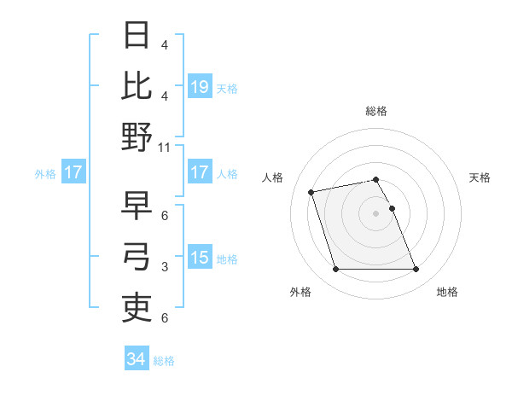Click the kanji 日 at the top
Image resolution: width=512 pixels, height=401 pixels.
pyautogui.click(x=137, y=38)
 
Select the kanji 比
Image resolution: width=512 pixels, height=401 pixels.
pyautogui.click(x=137, y=87)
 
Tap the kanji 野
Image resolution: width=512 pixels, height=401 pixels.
pyautogui.click(x=137, y=137)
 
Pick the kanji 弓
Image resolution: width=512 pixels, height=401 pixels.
pyautogui.click(x=137, y=258)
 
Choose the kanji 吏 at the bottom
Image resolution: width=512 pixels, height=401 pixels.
pyautogui.click(x=137, y=308)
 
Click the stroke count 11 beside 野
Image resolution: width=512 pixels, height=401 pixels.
pyautogui.click(x=165, y=147)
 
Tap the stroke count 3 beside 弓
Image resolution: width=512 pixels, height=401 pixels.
pyautogui.click(x=164, y=267)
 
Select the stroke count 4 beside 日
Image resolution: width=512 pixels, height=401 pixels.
pyautogui.click(x=164, y=44)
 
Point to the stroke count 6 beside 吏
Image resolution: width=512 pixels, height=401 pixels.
pyautogui.click(x=164, y=318)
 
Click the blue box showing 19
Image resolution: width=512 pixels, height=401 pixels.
pyautogui.click(x=200, y=86)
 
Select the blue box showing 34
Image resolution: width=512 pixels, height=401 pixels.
pyautogui.click(x=137, y=360)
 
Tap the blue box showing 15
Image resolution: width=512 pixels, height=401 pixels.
pyautogui.click(x=200, y=258)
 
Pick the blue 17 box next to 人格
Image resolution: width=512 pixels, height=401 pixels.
pyautogui.click(x=200, y=172)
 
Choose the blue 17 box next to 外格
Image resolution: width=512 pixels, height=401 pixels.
pyautogui.click(x=73, y=172)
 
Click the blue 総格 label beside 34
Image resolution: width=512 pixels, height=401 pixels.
pyautogui.click(x=164, y=361)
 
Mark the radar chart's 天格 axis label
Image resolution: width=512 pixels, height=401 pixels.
pyautogui.click(x=480, y=177)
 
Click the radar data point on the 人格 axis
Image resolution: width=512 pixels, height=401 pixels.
pyautogui.click(x=311, y=191)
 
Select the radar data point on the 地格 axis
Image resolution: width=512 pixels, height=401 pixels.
pyautogui.click(x=416, y=270)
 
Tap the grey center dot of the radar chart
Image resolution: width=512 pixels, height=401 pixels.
pyautogui.click(x=375, y=212)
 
